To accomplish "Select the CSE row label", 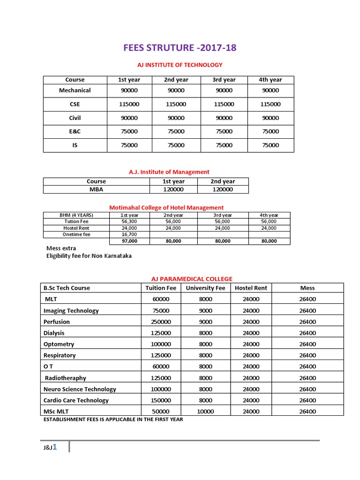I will click(75, 104).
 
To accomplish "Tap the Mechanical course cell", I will click(75, 90).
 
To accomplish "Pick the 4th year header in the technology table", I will click(270, 80).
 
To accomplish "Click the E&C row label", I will click(75, 131).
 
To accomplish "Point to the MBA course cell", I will click(96, 189).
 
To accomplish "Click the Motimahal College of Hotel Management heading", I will click(166, 207).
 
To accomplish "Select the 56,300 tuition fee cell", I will click(129, 221).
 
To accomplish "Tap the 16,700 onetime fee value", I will click(129, 234).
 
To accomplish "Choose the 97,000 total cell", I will click(129, 241).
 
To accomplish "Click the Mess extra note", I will click(61, 248).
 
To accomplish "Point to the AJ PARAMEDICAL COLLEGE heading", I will click(191, 279).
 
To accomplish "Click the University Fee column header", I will click(205, 288).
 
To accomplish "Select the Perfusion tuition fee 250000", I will click(161, 322).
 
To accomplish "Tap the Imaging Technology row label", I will click(71, 310).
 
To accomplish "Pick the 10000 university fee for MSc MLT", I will click(205, 412).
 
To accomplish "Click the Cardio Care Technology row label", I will click(76, 400).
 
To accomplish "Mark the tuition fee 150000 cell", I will click(161, 400).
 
